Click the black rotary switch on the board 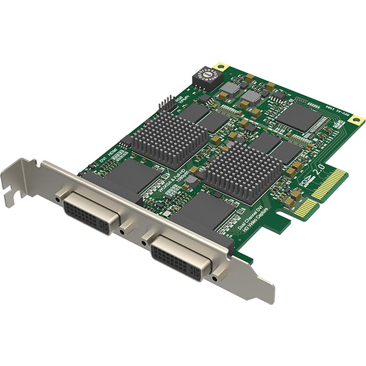coord(206,74)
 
